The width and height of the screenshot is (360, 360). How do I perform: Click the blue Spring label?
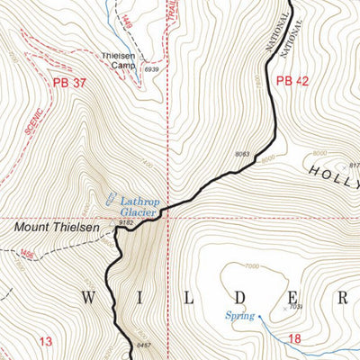click(x=238, y=316)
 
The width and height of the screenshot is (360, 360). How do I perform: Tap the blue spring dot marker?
click(x=258, y=316)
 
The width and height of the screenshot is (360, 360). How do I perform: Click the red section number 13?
click(x=46, y=341)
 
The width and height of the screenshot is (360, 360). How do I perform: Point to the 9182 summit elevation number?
click(x=126, y=221)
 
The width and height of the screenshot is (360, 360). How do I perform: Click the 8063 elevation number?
click(x=241, y=155)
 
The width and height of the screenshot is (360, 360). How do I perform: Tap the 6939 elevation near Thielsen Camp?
click(x=151, y=69)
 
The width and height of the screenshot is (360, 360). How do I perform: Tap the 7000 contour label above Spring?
click(x=250, y=266)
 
